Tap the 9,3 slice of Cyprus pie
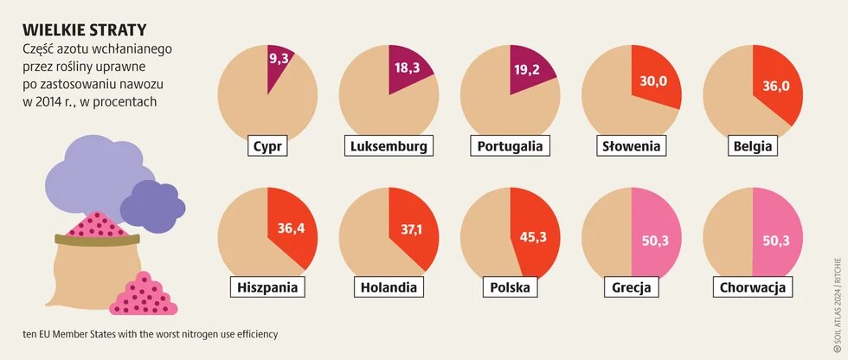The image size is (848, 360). pos(279,62)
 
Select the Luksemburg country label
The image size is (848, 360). pos(389,146)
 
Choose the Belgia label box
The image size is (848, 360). pos(752,146)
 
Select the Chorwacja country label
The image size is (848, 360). pos(751,286)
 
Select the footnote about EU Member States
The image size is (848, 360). pos(151,333)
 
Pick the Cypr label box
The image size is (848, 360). pos(267,146)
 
